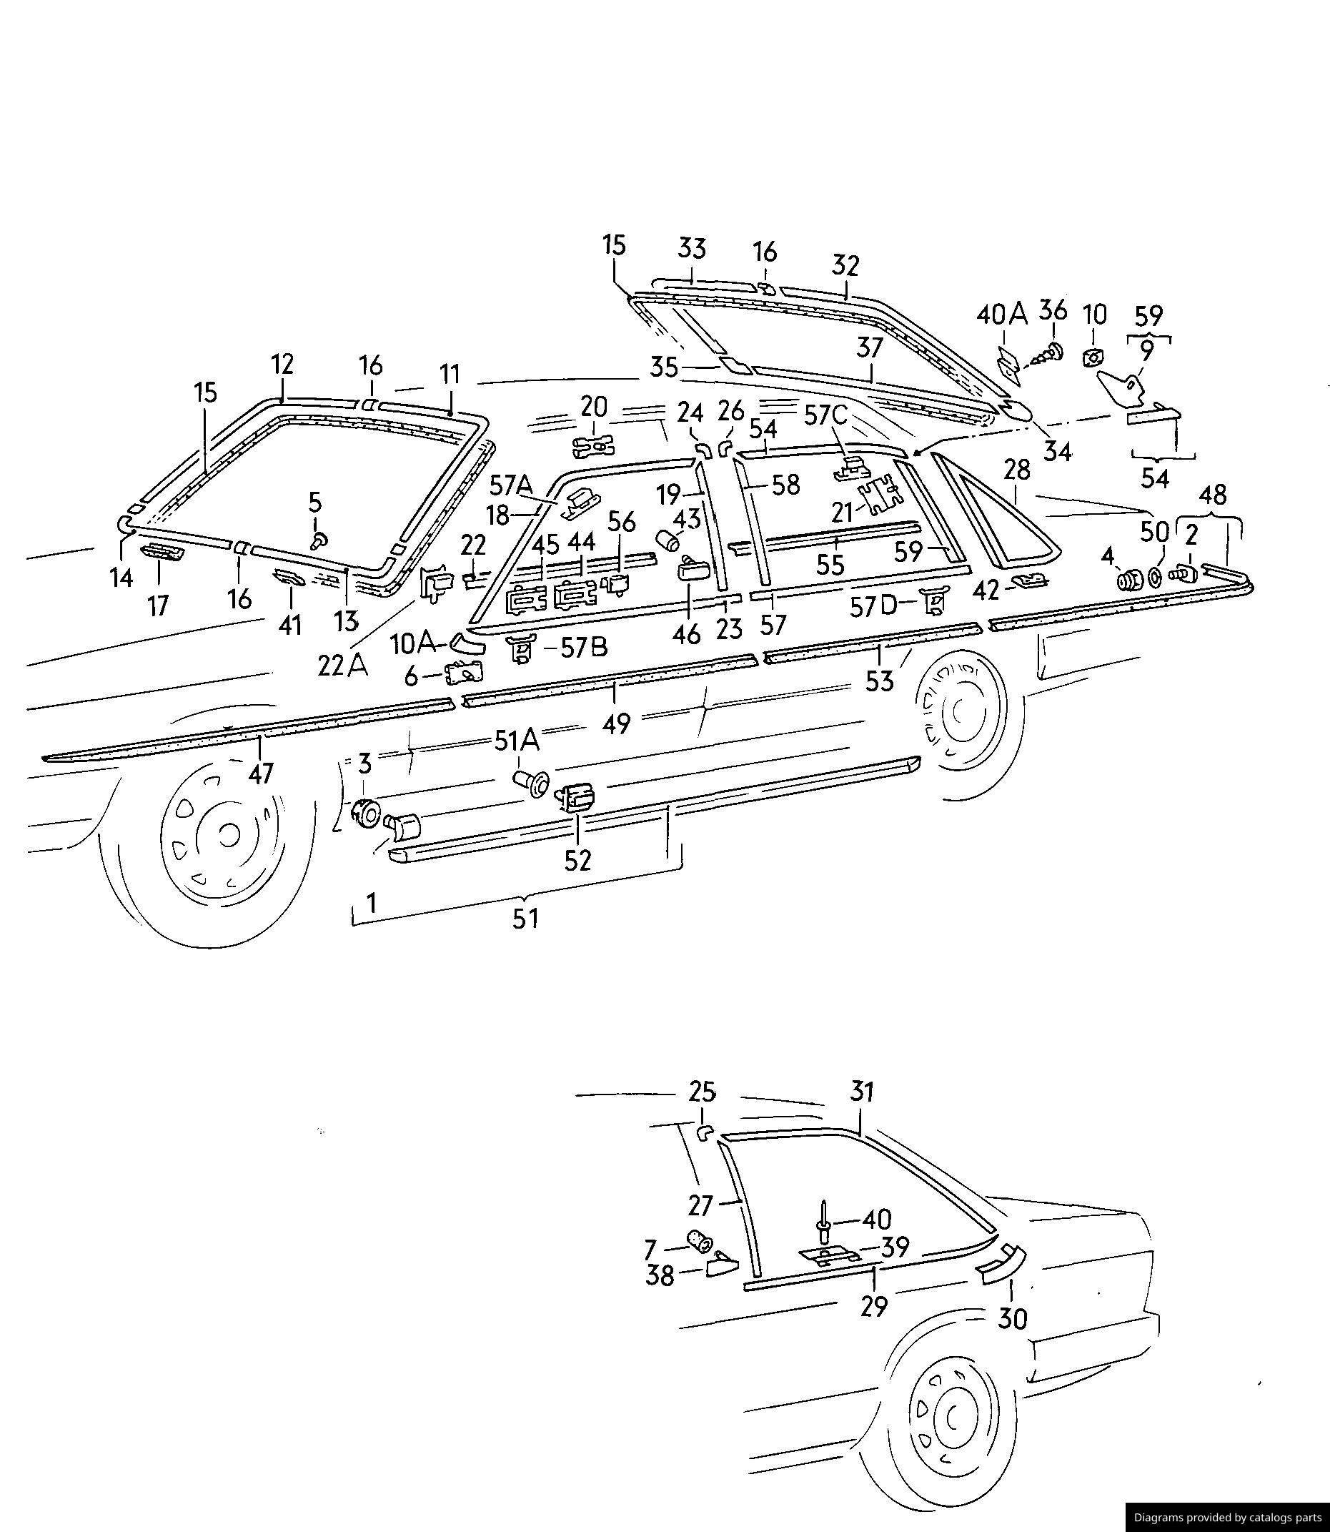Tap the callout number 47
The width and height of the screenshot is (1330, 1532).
click(261, 774)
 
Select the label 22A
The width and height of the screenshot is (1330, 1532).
click(343, 666)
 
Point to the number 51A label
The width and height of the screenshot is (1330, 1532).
click(517, 740)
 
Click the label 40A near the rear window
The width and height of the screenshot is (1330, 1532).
click(1001, 315)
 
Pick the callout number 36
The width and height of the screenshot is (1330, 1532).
click(1053, 310)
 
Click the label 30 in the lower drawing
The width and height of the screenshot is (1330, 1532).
click(1013, 1319)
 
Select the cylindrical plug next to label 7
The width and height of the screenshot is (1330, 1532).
click(700, 1239)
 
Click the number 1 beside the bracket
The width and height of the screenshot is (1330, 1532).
click(371, 903)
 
